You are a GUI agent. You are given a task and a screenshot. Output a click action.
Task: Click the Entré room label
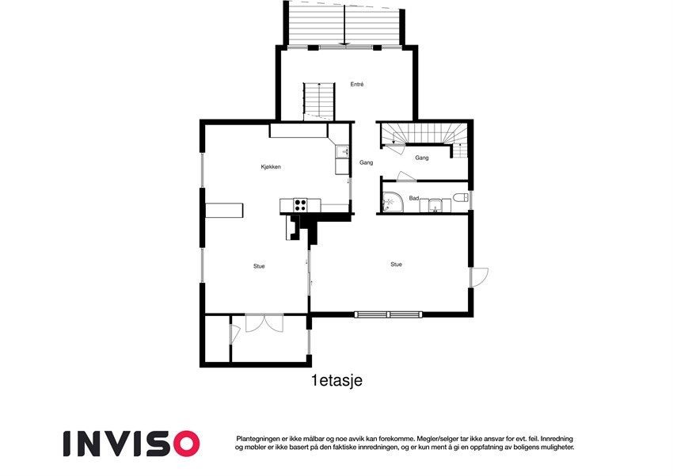pos(356,84)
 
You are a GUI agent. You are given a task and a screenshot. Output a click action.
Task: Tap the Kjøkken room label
pos(271,166)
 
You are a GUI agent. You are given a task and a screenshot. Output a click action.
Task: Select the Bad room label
pos(413,198)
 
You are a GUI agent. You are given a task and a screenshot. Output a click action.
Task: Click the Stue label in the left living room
pos(259,266)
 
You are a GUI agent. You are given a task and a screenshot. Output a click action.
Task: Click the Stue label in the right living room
pos(396,264)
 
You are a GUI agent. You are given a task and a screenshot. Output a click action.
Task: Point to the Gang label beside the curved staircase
pos(422,158)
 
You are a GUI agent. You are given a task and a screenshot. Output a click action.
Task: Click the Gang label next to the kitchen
pos(366,162)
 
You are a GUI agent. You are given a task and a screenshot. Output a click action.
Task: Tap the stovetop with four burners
pos(301,204)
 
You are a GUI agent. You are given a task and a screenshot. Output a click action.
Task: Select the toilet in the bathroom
pos(460,200)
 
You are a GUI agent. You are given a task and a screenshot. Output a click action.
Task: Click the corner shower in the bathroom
pos(390,202)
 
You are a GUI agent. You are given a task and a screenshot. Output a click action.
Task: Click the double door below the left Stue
pos(264,322)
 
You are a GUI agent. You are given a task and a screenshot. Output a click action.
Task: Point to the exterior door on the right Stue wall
pos(479,277)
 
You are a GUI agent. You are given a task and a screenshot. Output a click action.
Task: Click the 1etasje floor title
pos(336,381)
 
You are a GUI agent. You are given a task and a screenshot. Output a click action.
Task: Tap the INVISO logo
pos(131,443)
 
